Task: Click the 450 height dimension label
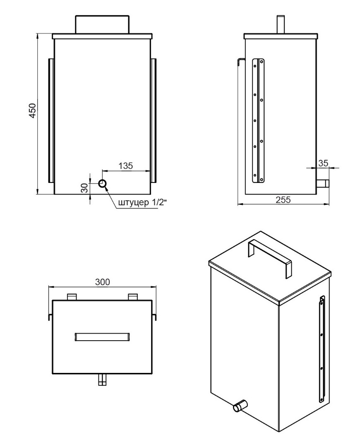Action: coord(33,111)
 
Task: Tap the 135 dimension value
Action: coord(126,166)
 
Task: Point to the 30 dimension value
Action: coord(85,188)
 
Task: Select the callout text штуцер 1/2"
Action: coord(142,202)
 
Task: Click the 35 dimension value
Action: coord(323,163)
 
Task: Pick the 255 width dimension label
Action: coord(283,199)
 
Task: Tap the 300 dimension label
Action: coord(102,282)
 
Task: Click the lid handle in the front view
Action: coord(102,24)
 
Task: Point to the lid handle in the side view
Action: coord(281,24)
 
